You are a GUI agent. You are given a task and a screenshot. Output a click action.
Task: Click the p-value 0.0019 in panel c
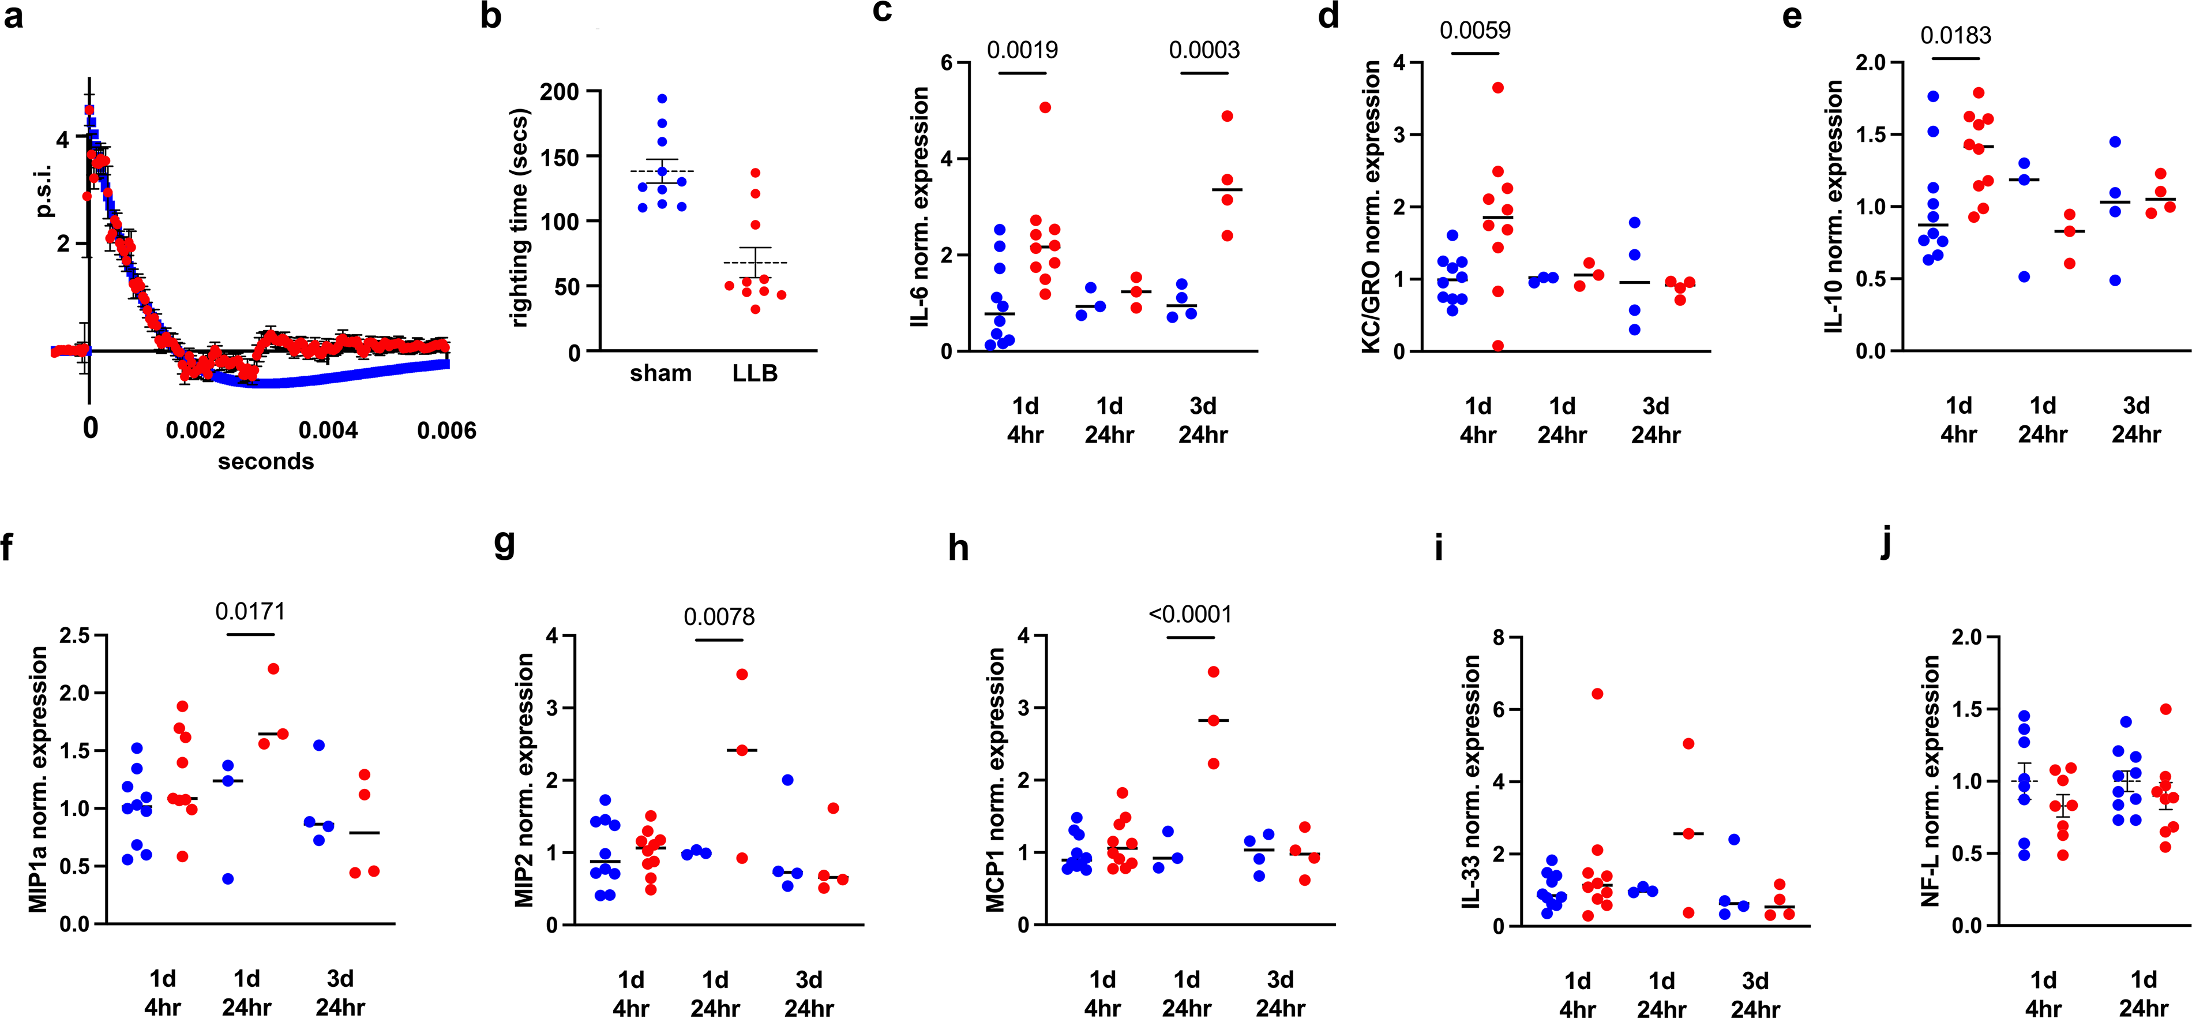pos(1022,50)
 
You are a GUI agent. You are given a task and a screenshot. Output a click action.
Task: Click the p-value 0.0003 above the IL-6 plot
pos(1204,50)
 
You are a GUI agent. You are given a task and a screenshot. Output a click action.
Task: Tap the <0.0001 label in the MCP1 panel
pos(1189,613)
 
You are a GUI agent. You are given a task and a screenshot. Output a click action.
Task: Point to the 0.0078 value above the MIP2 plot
pos(719,616)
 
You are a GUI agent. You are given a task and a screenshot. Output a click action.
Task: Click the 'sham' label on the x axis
pos(660,373)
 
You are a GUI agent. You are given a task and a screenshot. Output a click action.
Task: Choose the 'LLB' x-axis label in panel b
pos(755,373)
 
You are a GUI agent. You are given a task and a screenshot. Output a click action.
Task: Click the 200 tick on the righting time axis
pos(559,92)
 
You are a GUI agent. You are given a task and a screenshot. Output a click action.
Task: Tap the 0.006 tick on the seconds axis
pos(446,431)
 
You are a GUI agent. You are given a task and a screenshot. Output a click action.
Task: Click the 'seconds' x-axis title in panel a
pos(265,461)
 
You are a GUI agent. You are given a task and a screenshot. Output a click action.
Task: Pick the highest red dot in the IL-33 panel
pos(1597,694)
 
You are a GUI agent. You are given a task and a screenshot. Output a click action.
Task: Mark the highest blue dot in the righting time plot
pos(662,99)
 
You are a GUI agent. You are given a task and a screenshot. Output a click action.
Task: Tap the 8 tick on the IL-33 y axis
pos(1500,637)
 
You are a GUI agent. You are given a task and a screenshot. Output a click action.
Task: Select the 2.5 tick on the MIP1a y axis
pos(75,635)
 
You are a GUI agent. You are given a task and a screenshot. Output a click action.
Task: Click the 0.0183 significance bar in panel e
pos(1956,59)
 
